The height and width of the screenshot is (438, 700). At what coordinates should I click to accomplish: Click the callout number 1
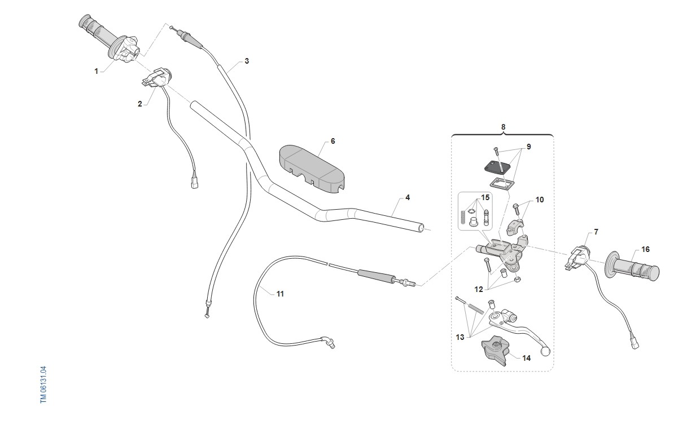[97, 71]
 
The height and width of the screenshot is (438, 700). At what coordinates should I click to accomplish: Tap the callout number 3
[247, 61]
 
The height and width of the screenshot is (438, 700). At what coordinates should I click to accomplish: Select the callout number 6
[333, 141]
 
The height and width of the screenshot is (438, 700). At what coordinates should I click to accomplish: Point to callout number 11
[280, 294]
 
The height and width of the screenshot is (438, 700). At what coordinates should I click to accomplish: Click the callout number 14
[526, 357]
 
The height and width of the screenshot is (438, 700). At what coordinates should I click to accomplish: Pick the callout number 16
[645, 249]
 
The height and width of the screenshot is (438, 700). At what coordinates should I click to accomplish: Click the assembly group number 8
[503, 127]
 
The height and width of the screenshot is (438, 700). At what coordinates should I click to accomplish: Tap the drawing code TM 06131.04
[43, 384]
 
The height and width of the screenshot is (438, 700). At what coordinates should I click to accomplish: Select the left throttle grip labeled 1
[107, 39]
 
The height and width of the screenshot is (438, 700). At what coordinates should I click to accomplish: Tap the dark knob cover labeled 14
[495, 352]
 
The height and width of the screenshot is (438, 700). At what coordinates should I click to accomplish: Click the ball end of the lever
[545, 351]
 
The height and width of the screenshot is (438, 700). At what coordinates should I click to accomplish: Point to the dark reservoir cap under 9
[496, 167]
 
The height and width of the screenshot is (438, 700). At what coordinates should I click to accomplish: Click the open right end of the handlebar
[420, 228]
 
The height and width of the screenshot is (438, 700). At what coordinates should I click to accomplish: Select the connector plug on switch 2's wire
[194, 184]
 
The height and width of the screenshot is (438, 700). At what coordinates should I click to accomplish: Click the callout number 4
[408, 198]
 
